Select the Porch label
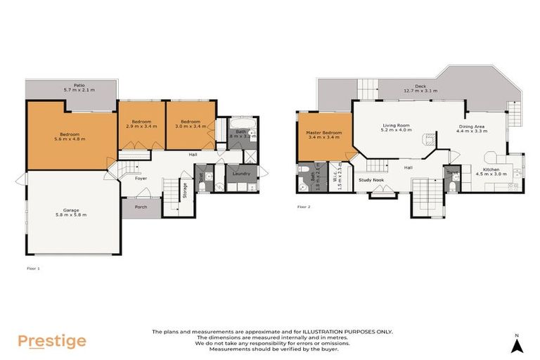tap(141, 207)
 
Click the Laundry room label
tap(241, 173)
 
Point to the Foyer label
tap(141, 179)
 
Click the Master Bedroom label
tap(324, 133)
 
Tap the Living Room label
tap(395, 125)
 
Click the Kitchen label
tap(491, 169)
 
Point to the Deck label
tap(420, 86)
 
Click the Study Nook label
tap(371, 180)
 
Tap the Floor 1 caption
tap(33, 269)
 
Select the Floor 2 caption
tap(304, 207)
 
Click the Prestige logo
tap(52, 342)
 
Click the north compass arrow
tap(517, 345)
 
